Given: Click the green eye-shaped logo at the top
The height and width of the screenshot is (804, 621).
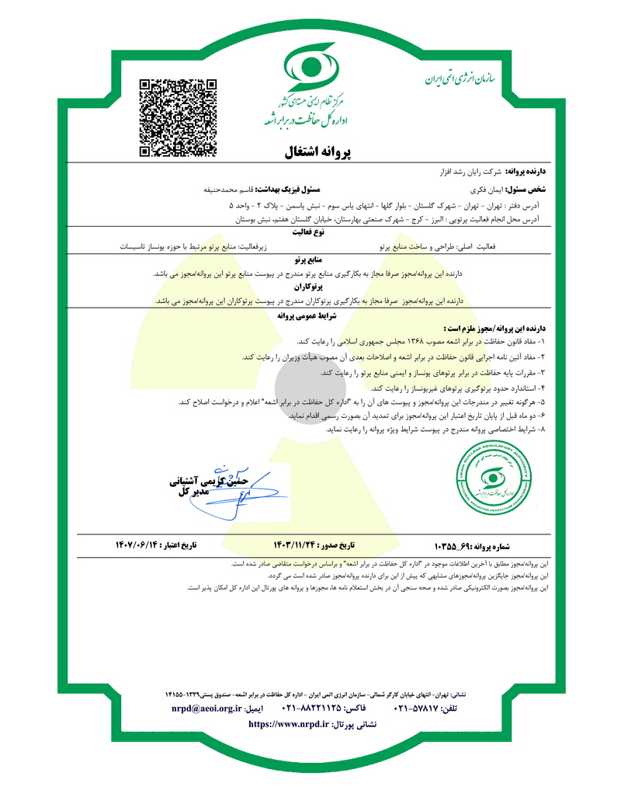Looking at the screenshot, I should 310,68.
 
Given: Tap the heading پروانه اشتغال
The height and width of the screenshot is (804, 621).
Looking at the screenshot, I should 310,151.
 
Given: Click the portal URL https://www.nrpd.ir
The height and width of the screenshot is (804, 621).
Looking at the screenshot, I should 288,724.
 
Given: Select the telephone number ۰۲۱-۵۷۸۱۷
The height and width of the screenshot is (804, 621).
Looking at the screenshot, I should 421,709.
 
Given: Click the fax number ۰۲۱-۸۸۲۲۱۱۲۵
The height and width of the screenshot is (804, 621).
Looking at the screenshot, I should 314,709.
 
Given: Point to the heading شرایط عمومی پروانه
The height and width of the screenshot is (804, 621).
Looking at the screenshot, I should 310,317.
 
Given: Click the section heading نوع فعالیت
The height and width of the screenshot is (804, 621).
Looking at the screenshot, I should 310,231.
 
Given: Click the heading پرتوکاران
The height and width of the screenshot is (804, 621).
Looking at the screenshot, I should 310,287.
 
